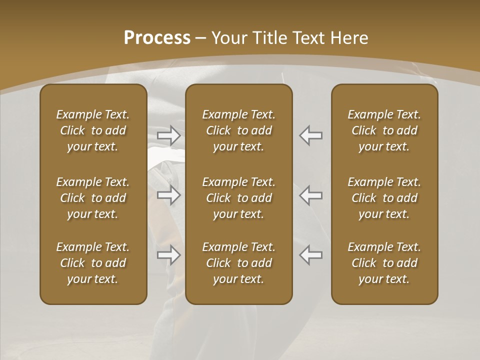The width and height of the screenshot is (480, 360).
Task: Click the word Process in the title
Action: [x=157, y=38]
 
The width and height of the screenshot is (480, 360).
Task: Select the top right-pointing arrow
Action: [x=168, y=135]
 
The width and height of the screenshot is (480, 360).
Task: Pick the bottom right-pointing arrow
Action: [x=168, y=255]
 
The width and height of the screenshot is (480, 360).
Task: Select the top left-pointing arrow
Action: [x=311, y=135]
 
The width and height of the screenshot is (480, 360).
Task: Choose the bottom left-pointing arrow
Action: [x=311, y=255]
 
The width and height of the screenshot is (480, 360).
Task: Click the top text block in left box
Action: [x=93, y=130]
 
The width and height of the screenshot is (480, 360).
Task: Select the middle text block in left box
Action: [x=93, y=198]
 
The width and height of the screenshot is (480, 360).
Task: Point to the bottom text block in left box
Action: [x=93, y=263]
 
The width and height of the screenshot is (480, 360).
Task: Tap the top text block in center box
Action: [x=238, y=130]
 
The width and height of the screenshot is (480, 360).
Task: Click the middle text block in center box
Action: [x=238, y=198]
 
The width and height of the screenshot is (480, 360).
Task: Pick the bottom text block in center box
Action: [x=238, y=263]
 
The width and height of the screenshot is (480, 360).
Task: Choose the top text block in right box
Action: [x=384, y=130]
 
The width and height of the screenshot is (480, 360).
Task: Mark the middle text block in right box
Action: [x=384, y=198]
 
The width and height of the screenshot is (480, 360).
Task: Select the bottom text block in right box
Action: [x=384, y=263]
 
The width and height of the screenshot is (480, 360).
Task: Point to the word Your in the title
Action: [x=228, y=38]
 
